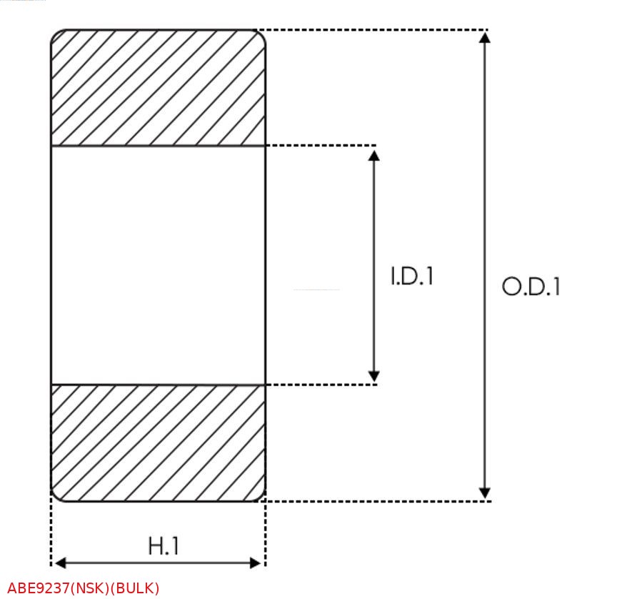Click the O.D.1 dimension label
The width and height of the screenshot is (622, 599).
click(531, 286)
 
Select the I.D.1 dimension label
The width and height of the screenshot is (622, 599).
click(412, 277)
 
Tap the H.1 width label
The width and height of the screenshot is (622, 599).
click(164, 546)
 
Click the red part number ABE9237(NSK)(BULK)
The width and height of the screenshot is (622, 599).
click(84, 588)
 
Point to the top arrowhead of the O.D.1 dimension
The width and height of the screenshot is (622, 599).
click(484, 37)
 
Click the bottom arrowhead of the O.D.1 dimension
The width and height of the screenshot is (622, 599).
click(484, 493)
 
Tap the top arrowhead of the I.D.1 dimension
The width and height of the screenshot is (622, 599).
click(373, 155)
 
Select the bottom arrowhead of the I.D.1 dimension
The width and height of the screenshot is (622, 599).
click(373, 376)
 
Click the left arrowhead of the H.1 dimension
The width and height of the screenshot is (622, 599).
click(60, 563)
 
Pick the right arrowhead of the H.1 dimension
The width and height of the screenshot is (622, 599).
click(256, 563)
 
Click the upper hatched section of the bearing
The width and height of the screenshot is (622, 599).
click(159, 88)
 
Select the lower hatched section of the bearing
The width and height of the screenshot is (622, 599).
click(159, 443)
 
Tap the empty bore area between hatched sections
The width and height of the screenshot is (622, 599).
click(159, 266)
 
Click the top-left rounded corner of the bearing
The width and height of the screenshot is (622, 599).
click(56, 34)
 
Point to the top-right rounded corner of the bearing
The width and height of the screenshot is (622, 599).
click(261, 34)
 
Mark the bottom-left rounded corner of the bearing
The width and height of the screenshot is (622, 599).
click(56, 497)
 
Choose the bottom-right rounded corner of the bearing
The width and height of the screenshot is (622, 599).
click(261, 497)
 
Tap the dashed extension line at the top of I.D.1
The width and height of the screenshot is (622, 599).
click(321, 146)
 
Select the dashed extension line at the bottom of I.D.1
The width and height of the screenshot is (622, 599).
click(321, 385)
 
